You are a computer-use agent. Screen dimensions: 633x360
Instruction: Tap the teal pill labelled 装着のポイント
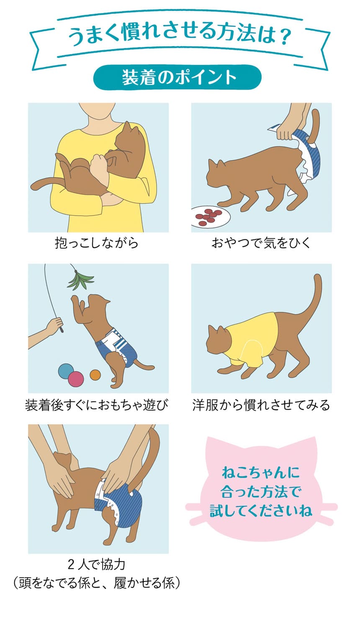pos(177,77)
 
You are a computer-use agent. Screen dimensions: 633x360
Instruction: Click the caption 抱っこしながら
pos(97,243)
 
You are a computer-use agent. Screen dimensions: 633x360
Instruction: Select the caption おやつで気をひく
pos(261,243)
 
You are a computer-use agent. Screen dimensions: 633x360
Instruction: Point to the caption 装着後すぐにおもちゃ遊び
pos(97,405)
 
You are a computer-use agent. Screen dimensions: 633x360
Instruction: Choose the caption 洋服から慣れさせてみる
pos(261,405)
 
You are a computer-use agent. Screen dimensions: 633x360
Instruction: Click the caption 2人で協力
pos(97,565)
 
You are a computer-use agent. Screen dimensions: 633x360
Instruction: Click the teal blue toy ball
pos(66,371)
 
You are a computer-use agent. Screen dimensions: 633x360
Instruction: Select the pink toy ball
pos(76,379)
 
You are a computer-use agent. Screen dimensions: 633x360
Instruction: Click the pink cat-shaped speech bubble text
pos(261,492)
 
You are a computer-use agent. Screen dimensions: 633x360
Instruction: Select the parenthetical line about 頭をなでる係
pos(97,583)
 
